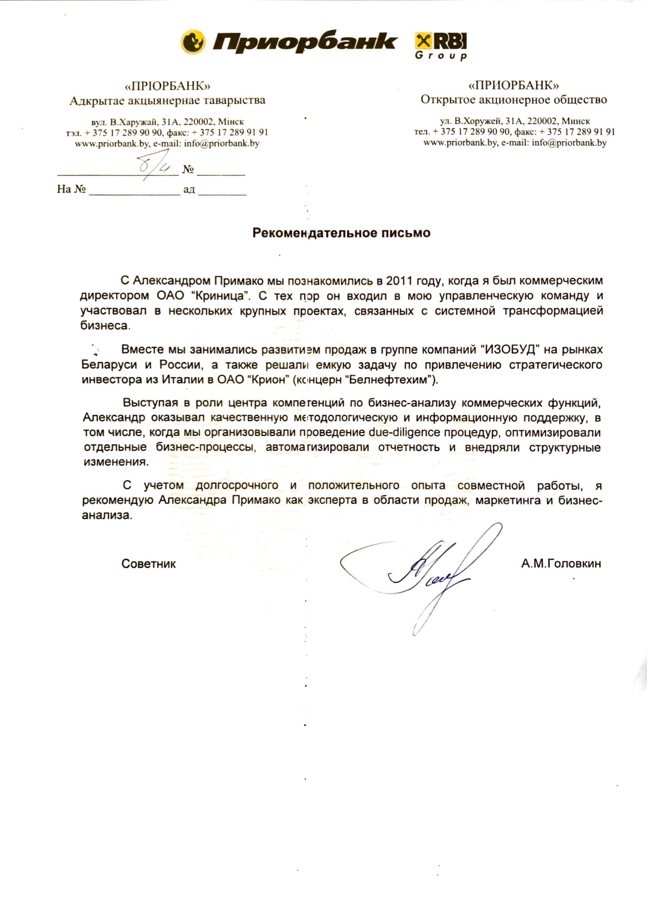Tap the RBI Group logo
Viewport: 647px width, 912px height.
pos(441,46)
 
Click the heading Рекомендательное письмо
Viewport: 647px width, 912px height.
pos(341,233)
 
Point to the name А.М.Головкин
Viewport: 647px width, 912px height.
pos(561,563)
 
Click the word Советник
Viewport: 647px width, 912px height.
pos(149,563)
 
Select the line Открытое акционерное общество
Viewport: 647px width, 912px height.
pos(513,100)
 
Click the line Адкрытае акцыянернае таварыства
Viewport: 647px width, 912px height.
pos(167,101)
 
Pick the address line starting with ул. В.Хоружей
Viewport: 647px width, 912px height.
pos(514,121)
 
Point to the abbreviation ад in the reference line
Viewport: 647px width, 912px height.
pos(189,189)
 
